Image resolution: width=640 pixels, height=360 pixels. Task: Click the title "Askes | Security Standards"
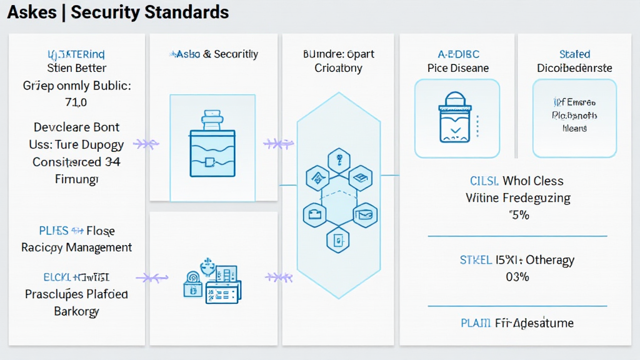point(117,12)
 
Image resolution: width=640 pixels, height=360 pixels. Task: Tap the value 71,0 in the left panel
point(76,102)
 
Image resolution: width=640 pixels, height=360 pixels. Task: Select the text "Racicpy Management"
point(76,247)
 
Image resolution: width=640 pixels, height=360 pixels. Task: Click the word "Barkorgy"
point(76,311)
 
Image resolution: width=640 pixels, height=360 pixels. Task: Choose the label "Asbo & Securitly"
point(212,54)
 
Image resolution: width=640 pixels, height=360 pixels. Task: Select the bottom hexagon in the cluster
point(339,238)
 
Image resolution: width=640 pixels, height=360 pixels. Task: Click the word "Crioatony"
point(338,68)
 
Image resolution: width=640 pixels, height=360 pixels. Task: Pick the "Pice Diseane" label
point(458,68)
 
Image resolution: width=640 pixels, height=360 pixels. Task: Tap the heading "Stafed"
point(574,54)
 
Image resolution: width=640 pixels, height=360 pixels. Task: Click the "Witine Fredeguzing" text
point(518,198)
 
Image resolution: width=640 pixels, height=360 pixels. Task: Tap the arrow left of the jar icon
point(146,144)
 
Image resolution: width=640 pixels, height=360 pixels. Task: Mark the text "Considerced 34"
point(76,162)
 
